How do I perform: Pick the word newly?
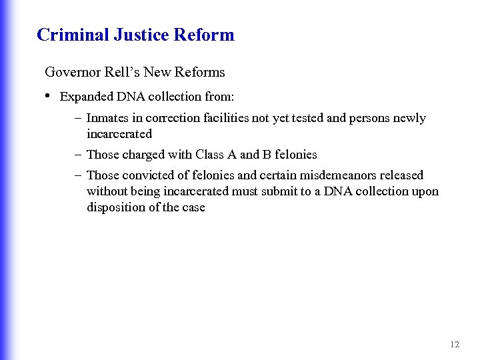(409, 118)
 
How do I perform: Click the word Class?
(210, 155)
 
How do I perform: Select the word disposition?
(114, 207)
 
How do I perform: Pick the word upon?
(426, 191)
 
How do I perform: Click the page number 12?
(455, 345)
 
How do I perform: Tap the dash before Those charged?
(78, 155)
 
